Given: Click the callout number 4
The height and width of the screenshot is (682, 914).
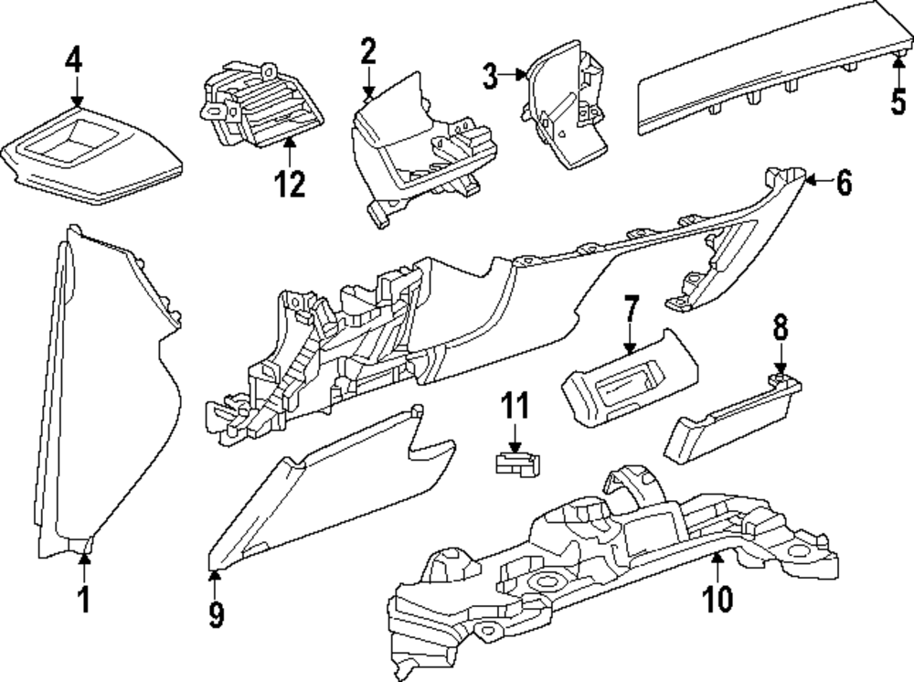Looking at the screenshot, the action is pos(74,60).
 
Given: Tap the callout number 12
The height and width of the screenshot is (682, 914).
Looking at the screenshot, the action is pos(290,184).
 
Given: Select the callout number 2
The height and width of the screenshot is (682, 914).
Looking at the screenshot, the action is pos(368,50).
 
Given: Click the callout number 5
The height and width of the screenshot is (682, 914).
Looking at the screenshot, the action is pos(898,101).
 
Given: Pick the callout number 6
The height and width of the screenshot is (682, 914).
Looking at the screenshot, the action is pos(844,182).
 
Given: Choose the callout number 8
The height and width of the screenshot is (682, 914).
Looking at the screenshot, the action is pos(781,327).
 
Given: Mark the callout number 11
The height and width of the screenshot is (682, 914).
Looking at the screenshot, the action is pos(515,405).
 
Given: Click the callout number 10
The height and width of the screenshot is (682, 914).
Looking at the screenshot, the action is pos(717,598).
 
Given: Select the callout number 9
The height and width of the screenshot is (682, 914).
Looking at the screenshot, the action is pos(216,613).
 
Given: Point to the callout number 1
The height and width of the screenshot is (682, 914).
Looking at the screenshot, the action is pos(85,599).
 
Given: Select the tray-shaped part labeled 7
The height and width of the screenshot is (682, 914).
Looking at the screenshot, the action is pos(630,379).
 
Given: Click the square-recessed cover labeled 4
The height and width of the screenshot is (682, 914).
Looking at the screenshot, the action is pos(92,155).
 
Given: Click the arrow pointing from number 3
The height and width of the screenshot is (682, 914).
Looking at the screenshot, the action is pos(514,75).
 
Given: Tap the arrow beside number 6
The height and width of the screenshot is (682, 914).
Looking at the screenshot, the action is pos(819,181).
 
